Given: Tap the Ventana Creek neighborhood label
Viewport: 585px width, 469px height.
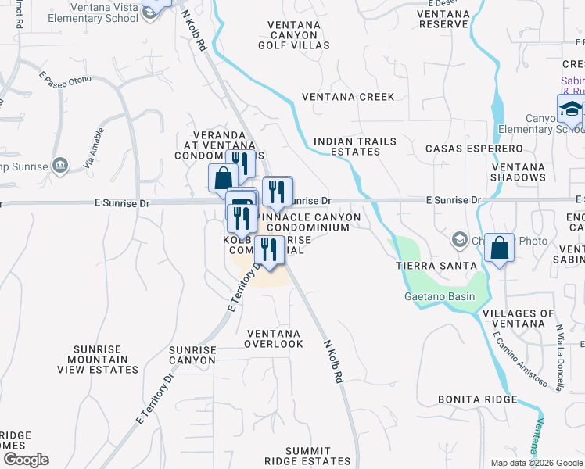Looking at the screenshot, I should [348, 97].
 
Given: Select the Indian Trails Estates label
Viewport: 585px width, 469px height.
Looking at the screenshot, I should [354, 146].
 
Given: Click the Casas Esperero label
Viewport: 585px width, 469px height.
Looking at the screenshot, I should [473, 148].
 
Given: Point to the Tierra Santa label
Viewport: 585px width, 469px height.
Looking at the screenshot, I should [429, 266].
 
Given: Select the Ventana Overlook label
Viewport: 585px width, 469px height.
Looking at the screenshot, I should [273, 338].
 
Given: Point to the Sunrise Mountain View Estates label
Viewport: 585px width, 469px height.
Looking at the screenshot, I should [106, 360].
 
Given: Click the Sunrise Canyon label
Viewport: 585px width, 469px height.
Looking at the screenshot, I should [192, 356].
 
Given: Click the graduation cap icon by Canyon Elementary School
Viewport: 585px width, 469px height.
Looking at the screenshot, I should [571, 109].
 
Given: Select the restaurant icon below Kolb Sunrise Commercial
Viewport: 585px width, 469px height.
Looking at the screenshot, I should [269, 249].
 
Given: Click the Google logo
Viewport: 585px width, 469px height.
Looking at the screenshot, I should [26, 460].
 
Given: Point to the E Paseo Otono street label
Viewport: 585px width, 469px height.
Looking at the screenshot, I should [65, 79].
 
